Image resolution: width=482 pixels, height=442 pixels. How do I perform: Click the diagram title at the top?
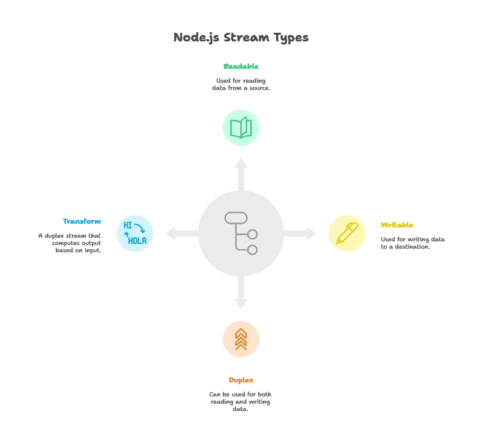point(241,38)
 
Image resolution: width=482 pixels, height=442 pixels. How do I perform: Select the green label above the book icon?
point(241,67)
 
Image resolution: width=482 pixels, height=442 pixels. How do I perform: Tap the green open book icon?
point(241,128)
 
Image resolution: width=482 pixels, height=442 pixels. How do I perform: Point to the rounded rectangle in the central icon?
point(236,218)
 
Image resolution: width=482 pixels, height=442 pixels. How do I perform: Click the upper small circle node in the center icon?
point(252,235)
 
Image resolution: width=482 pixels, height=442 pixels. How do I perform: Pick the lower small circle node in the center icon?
point(252,250)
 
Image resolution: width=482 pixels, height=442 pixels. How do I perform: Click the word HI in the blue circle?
point(128,226)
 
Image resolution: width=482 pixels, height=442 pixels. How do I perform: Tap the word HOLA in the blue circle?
point(137,241)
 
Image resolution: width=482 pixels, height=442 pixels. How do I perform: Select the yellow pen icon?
point(347,233)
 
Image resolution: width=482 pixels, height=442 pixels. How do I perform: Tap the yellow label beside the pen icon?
point(397,225)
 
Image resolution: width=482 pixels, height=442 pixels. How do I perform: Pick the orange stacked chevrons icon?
point(241,339)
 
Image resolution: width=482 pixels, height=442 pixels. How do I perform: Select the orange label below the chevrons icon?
point(241,380)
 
